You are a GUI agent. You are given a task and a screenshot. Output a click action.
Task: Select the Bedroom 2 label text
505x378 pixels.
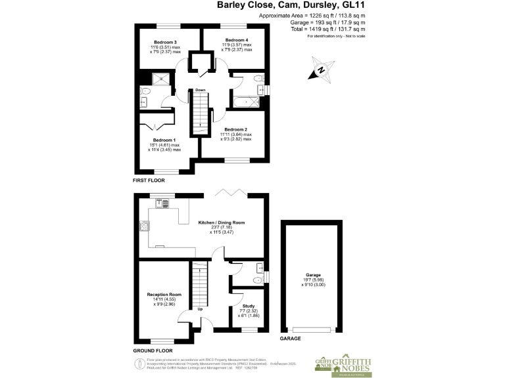[x=235, y=129]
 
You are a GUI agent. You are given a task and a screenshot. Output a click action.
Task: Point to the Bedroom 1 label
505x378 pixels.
[x=164, y=140]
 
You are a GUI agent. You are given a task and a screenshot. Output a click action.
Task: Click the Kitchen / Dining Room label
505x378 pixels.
[x=222, y=223]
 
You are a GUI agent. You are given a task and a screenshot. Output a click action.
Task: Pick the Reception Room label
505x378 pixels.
[x=164, y=295]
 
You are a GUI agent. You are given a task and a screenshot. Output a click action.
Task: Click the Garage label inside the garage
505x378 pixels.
[x=312, y=276]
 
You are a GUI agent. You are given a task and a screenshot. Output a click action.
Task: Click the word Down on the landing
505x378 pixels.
[x=201, y=90]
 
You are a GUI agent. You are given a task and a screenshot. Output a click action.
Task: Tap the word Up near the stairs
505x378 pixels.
[x=200, y=309]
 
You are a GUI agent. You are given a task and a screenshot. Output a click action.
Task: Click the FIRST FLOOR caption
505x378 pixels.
[x=149, y=180]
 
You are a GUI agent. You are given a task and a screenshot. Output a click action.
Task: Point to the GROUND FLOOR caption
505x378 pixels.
[x=153, y=351]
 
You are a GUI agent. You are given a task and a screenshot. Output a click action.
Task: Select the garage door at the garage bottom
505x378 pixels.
[x=312, y=329]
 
